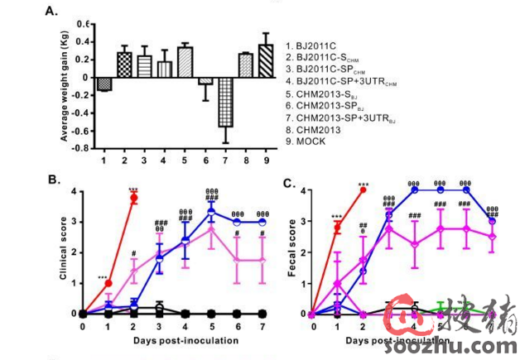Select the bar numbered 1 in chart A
click(x=104, y=84)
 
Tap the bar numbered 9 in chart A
click(x=265, y=61)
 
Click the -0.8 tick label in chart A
click(x=81, y=148)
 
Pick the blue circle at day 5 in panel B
click(x=212, y=212)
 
